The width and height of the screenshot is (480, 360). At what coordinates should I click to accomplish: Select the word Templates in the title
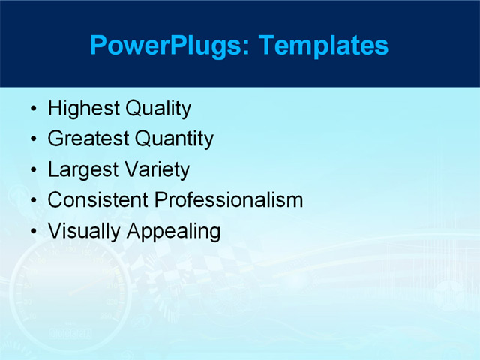point(323,46)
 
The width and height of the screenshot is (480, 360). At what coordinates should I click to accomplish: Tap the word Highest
point(83,109)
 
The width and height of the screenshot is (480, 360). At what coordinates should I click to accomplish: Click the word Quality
point(157,109)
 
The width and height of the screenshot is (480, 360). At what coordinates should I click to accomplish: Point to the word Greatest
point(88,139)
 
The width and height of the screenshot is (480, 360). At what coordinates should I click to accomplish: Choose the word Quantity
point(173,139)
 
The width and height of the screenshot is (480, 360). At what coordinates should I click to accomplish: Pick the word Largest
point(82,170)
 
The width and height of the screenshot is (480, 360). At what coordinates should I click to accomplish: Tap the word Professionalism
point(229,200)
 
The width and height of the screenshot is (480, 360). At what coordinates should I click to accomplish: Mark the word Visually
point(85,231)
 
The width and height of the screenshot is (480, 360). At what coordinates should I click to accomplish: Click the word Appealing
point(174,231)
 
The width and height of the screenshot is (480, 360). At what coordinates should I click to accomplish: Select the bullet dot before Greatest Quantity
point(32,140)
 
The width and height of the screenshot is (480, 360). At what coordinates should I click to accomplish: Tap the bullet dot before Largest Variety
point(32,171)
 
